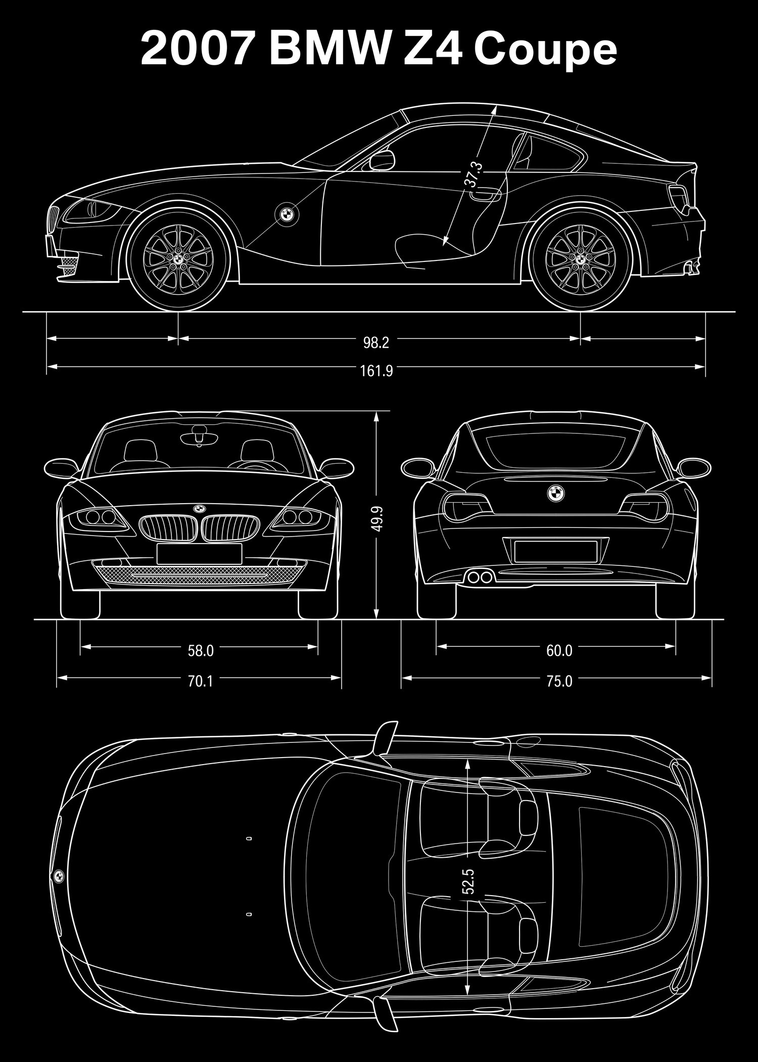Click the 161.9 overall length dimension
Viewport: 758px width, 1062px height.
[x=376, y=371]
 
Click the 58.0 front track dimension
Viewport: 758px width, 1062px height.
[x=201, y=651]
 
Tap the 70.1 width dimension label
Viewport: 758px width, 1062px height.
[x=201, y=682]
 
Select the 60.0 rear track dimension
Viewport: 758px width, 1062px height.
[x=559, y=651]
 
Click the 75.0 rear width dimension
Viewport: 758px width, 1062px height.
[x=559, y=682]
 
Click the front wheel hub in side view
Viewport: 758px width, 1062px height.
[x=178, y=258]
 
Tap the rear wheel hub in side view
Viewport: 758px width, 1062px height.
[x=580, y=258]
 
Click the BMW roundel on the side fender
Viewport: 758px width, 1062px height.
[x=287, y=214]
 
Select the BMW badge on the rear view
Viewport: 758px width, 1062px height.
[x=554, y=493]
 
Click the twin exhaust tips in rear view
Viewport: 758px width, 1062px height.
[x=480, y=577]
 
